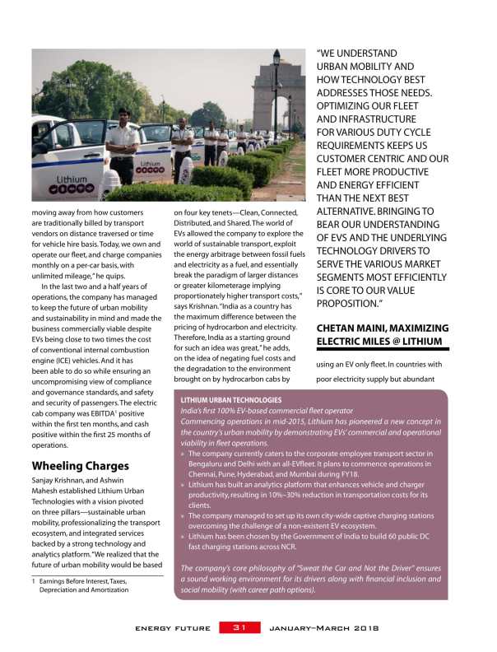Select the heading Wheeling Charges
pyautogui.click(x=80, y=465)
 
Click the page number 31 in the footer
pyautogui.click(x=239, y=628)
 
